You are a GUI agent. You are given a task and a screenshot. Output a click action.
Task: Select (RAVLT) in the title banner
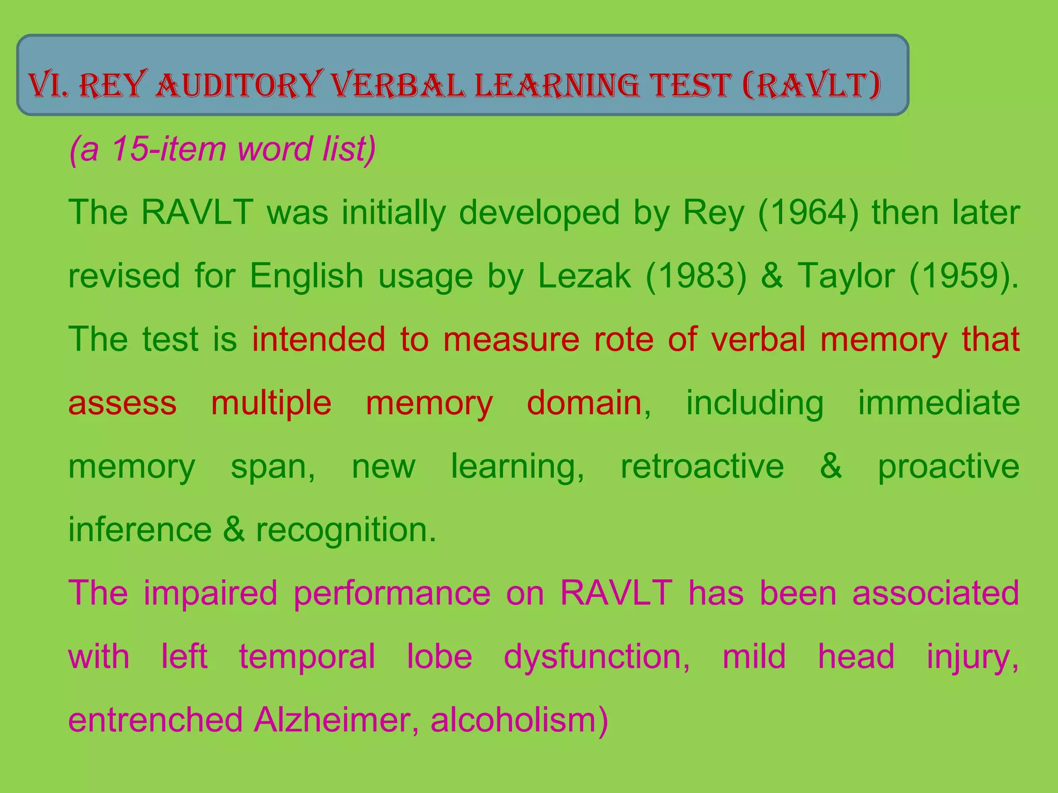coord(811,86)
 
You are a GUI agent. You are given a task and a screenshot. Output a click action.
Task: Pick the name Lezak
coord(584,276)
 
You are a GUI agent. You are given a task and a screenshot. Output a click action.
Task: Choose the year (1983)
coord(696,276)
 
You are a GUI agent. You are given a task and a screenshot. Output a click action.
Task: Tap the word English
coord(307,276)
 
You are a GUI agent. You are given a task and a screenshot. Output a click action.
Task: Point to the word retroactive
coord(702,466)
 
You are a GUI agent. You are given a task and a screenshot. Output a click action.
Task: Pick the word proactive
coord(948,466)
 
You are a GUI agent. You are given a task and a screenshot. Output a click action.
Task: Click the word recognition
coord(346,530)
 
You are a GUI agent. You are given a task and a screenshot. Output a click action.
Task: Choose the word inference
coord(140,530)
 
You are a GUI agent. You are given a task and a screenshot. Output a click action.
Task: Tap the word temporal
coord(307,657)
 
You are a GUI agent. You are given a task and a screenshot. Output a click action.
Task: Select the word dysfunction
coord(597,657)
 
